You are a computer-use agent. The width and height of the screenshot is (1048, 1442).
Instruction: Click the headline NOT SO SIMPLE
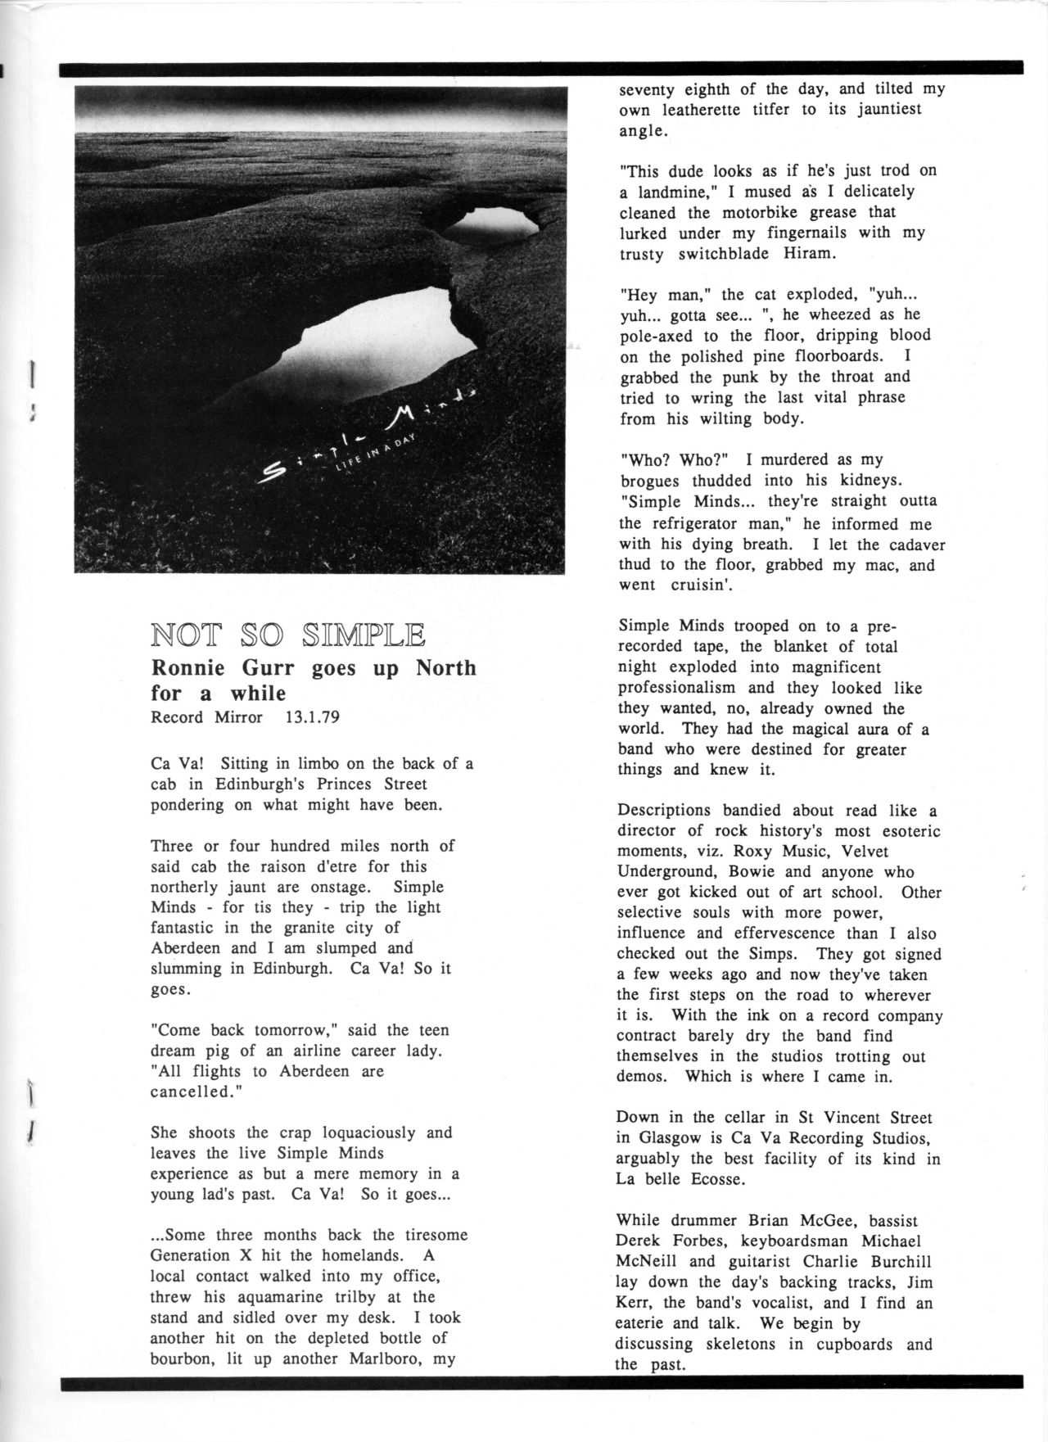click(287, 635)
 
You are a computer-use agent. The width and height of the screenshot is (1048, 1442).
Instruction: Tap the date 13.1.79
click(312, 717)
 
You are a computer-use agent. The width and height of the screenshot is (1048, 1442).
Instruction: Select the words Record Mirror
click(207, 717)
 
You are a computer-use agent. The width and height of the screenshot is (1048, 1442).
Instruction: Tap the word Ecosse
click(716, 1179)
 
